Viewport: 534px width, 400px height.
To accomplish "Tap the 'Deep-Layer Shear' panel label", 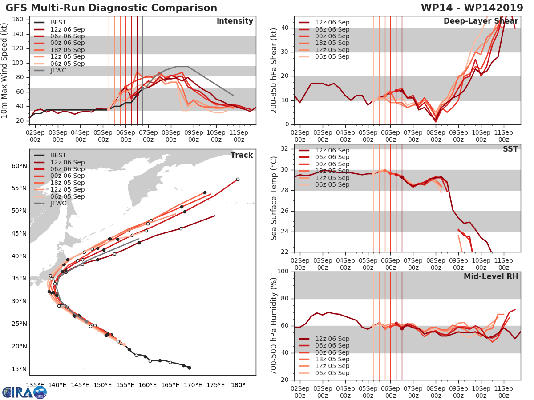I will (x=481, y=21).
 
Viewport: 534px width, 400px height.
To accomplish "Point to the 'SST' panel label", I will (x=510, y=149).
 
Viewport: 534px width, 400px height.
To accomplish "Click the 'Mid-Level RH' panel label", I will (x=491, y=276).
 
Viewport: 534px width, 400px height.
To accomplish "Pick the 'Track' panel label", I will (x=242, y=155).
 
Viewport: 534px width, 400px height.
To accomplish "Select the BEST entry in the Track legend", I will (x=58, y=155).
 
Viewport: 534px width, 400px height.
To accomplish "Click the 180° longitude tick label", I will (x=238, y=385).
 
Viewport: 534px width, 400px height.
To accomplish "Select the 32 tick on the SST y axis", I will (x=284, y=149).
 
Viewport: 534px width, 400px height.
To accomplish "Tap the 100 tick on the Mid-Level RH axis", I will (x=283, y=272).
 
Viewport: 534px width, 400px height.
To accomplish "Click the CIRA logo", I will (x=24, y=392).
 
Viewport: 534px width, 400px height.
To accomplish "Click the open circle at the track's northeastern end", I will (x=238, y=179).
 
